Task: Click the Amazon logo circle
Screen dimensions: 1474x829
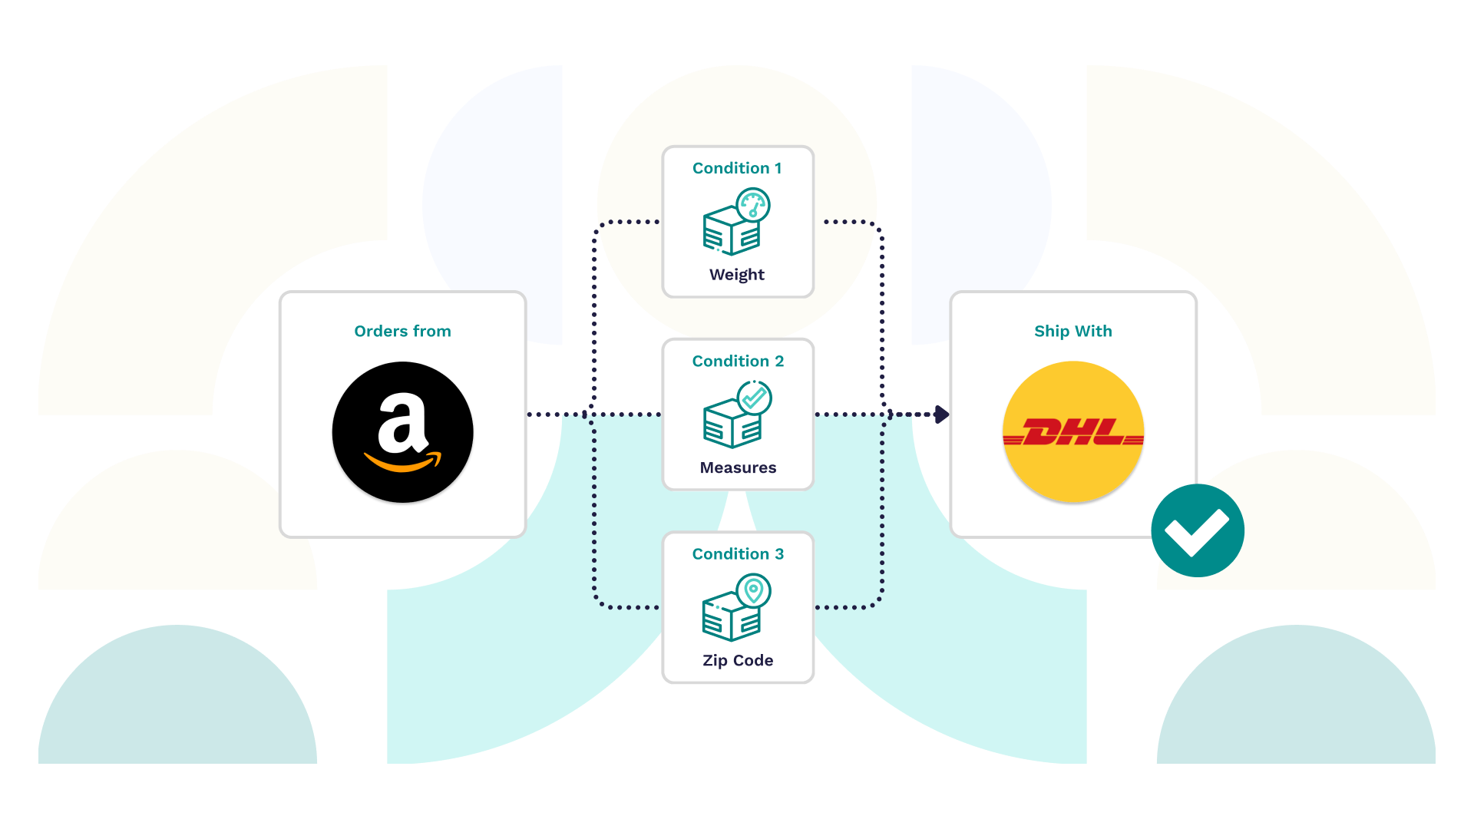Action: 402,432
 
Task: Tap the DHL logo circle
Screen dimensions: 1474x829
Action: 1073,432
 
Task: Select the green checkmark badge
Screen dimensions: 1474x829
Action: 1198,530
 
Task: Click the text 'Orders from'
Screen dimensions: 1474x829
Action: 402,331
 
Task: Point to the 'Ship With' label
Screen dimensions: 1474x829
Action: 1073,331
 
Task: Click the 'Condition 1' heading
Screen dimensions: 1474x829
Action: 737,168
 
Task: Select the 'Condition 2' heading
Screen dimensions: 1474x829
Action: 738,361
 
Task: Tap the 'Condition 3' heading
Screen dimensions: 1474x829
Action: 738,553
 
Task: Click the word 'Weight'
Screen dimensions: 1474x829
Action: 737,275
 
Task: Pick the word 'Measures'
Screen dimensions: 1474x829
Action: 738,467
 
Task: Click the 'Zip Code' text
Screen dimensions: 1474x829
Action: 738,660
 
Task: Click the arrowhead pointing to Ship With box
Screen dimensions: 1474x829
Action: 942,414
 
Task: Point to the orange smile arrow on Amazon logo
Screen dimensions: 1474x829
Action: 402,461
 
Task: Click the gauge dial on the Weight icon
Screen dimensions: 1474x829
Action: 753,206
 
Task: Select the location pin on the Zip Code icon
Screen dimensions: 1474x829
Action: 753,591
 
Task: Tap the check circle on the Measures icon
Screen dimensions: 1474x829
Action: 754,398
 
